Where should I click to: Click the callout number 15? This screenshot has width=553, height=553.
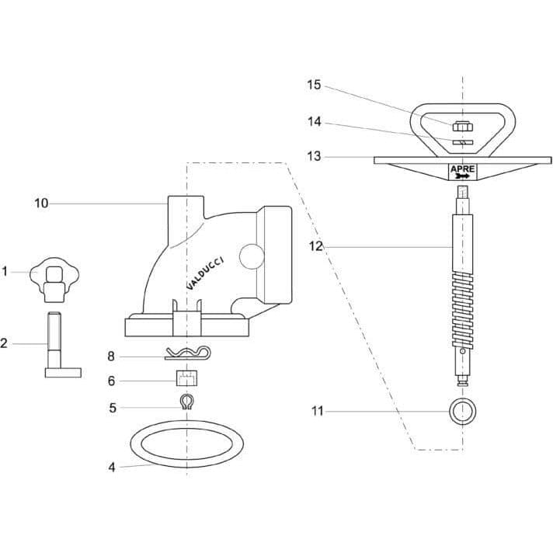click(314, 85)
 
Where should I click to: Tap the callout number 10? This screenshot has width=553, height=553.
click(41, 203)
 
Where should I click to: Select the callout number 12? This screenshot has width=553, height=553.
click(316, 246)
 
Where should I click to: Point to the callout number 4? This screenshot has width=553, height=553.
click(112, 468)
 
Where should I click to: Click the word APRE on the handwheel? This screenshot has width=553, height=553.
click(463, 169)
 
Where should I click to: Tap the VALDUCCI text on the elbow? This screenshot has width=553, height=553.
click(205, 273)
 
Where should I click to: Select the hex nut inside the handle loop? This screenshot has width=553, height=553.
click(462, 126)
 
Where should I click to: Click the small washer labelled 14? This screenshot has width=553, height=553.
click(463, 142)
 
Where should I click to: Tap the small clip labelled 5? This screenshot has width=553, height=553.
click(186, 402)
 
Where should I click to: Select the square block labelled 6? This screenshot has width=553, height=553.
click(186, 378)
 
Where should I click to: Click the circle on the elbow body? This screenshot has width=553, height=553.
click(252, 256)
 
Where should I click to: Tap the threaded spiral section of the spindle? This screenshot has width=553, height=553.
click(462, 311)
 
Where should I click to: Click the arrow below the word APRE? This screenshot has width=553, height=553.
click(462, 176)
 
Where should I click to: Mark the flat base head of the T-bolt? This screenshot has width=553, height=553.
click(63, 373)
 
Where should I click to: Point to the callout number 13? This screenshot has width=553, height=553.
click(314, 156)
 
